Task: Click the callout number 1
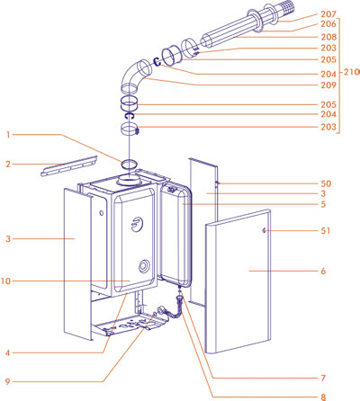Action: [x=7, y=136]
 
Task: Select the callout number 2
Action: [x=7, y=165]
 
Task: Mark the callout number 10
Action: [x=9, y=282]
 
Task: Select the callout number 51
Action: [x=325, y=231]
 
